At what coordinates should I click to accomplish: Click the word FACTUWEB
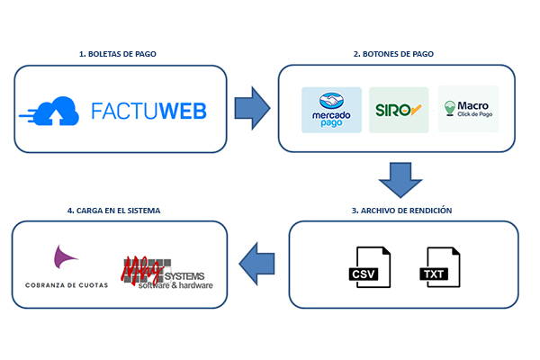click(x=148, y=111)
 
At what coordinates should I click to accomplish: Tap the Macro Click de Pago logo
click(x=468, y=110)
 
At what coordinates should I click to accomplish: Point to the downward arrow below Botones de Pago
click(x=400, y=180)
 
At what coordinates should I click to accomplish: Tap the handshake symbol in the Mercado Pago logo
click(x=331, y=103)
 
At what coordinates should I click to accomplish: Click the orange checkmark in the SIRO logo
click(x=416, y=111)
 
